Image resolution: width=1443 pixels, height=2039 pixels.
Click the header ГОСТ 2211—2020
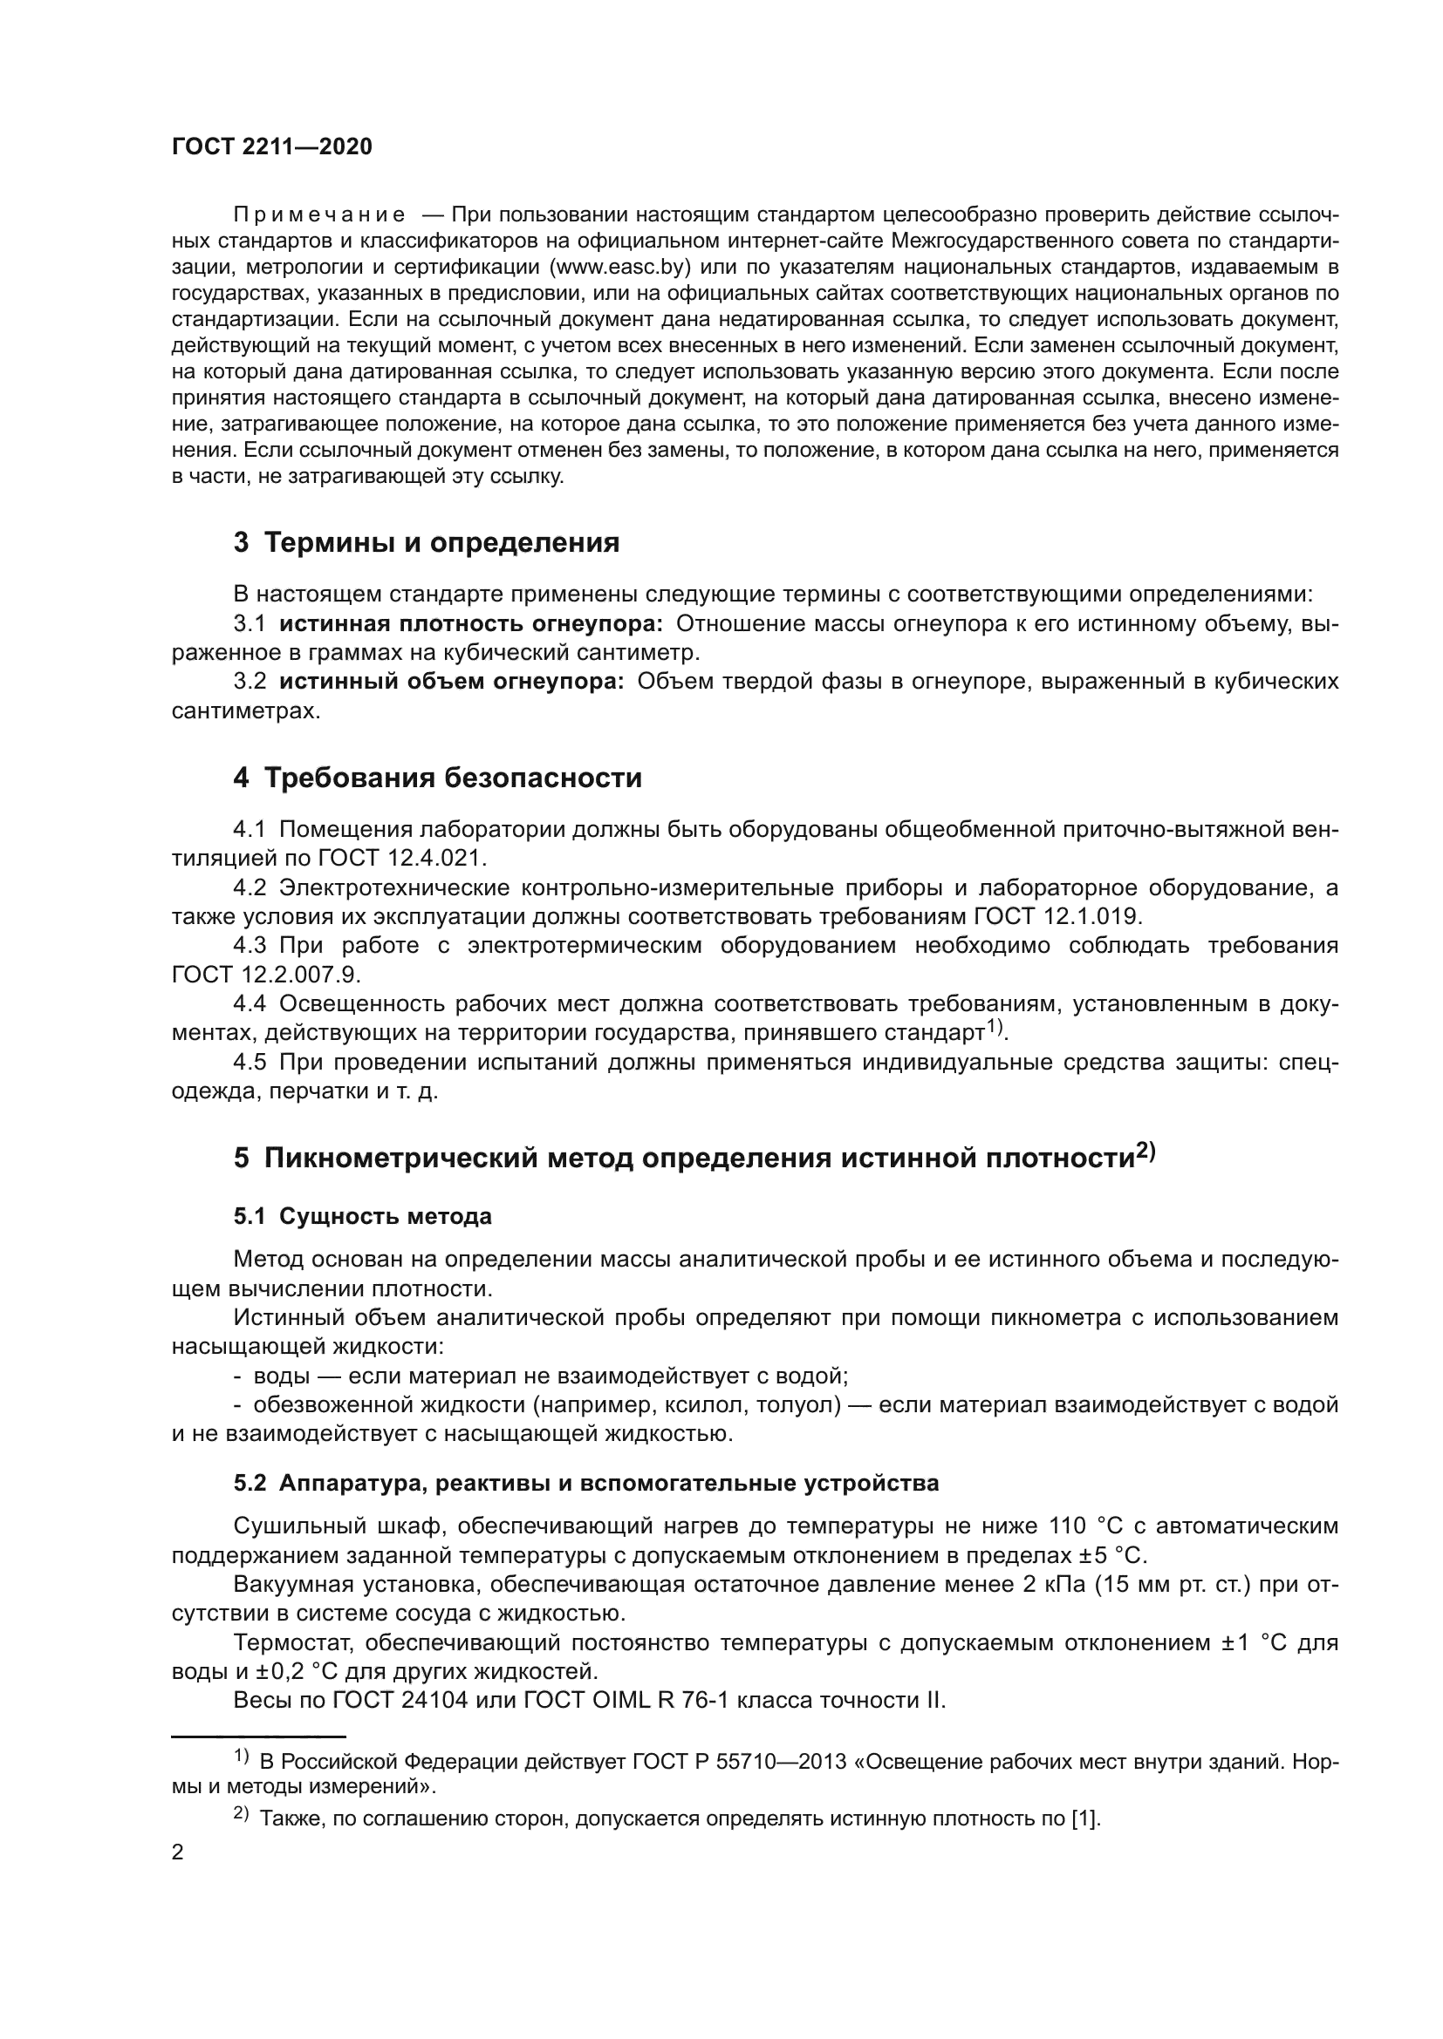tap(272, 147)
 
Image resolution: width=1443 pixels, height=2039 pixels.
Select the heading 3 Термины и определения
tap(427, 542)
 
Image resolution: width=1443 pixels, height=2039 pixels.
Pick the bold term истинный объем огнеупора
tap(451, 682)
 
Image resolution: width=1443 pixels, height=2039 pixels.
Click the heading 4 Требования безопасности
tap(437, 778)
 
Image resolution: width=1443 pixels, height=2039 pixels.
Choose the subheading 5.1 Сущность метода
tap(363, 1217)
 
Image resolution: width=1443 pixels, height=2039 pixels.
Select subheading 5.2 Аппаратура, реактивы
tap(586, 1484)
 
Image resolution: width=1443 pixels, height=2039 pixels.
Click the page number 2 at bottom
tap(178, 1852)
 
